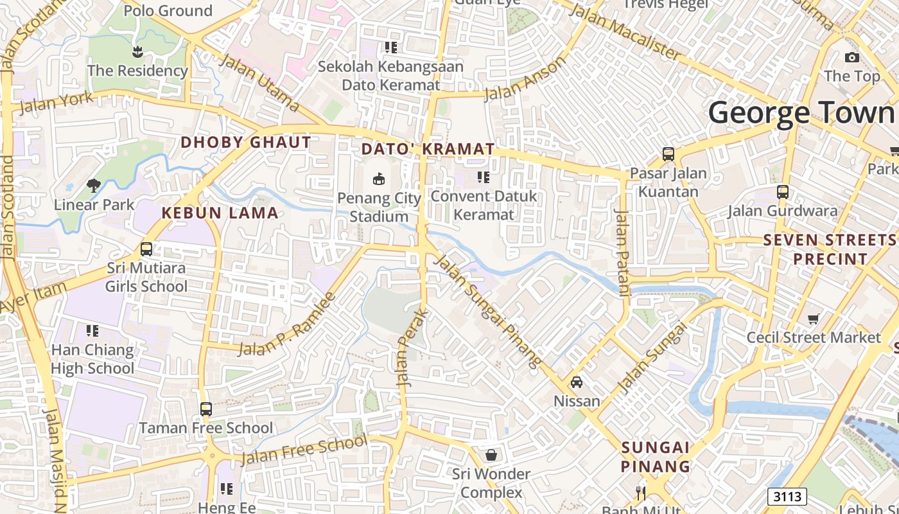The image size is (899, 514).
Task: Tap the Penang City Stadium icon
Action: coord(379,179)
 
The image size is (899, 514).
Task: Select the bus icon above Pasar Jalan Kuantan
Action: coord(668,154)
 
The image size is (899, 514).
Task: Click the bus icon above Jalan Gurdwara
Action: coord(782,191)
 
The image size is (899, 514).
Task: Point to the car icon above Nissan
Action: coord(577,382)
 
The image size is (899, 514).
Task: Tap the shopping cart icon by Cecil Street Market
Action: coord(814,319)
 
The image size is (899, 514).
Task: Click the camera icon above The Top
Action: coord(851,58)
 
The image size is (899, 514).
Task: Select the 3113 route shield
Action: coord(787,497)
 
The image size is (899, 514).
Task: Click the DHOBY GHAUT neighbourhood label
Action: coord(246,143)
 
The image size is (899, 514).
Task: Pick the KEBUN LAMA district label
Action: coord(220,213)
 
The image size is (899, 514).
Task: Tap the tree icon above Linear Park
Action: coord(94,186)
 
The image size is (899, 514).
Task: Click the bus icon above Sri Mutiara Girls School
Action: coord(146,249)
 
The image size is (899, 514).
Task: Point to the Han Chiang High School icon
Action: coord(92,331)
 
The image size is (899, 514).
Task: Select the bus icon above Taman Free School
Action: coord(205,409)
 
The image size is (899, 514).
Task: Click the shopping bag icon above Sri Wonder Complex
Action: coord(491,455)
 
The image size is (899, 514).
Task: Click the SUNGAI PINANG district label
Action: coord(655,457)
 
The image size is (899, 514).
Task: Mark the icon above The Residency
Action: coord(137,51)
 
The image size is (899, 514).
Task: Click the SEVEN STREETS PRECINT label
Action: coord(830,249)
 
